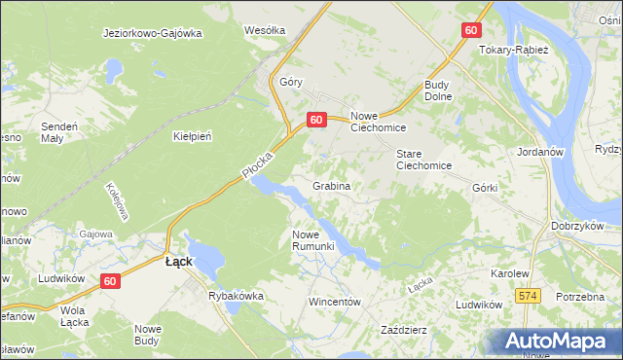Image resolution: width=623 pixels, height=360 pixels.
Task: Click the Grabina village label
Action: (331, 185)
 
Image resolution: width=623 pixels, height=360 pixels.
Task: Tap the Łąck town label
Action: (178, 262)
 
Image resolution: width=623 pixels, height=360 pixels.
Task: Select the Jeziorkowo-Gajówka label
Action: (152, 32)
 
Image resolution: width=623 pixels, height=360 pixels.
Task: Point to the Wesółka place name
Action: (265, 30)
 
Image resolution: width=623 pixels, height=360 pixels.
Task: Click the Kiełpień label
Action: (192, 136)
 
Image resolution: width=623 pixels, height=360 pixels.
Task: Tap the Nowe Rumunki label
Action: (313, 239)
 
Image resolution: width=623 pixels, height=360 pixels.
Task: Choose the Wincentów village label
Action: (335, 302)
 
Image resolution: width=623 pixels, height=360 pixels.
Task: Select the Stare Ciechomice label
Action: (423, 160)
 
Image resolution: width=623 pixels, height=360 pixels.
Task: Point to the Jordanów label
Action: (543, 153)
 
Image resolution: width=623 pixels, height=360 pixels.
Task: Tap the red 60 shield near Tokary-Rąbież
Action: (470, 30)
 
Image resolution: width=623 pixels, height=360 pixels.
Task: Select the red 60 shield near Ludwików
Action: (110, 281)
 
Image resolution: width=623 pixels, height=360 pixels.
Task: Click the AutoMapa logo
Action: (559, 341)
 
